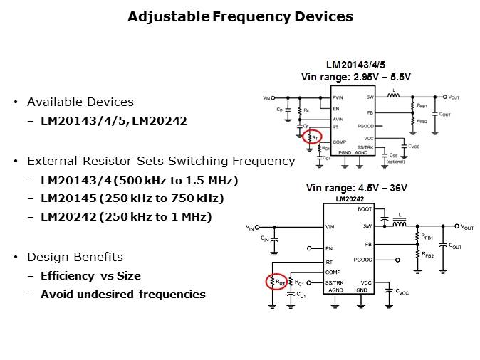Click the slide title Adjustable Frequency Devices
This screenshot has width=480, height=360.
(240, 16)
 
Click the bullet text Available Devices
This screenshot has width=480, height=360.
(80, 102)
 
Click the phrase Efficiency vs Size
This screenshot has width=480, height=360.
(90, 275)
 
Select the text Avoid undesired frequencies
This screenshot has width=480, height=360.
(122, 294)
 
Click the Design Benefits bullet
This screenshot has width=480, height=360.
(75, 257)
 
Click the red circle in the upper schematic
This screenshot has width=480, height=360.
(312, 137)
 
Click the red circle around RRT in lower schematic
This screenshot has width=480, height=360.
(276, 282)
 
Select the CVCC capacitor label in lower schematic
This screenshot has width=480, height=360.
(402, 292)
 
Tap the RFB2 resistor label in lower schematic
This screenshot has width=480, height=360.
(429, 255)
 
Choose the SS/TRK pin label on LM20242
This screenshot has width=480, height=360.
(334, 282)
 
